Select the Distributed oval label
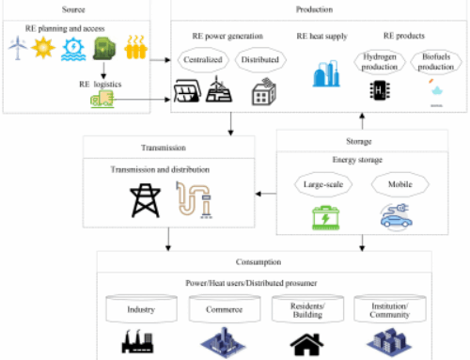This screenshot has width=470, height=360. tap(258, 59)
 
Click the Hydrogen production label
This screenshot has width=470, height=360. tap(379, 61)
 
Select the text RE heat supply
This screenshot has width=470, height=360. tap(321, 37)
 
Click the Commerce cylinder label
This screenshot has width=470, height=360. tap(217, 307)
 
